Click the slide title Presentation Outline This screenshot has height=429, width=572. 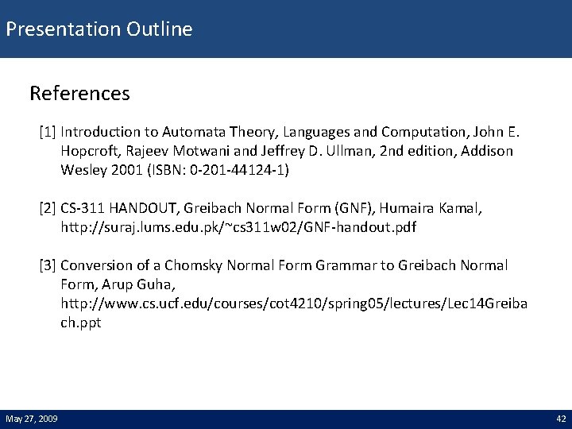click(99, 30)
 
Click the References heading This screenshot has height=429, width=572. click(79, 94)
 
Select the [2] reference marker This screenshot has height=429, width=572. click(48, 208)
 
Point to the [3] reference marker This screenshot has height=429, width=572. click(48, 265)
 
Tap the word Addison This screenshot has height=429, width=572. click(485, 150)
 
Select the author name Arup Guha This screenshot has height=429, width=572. click(128, 284)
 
